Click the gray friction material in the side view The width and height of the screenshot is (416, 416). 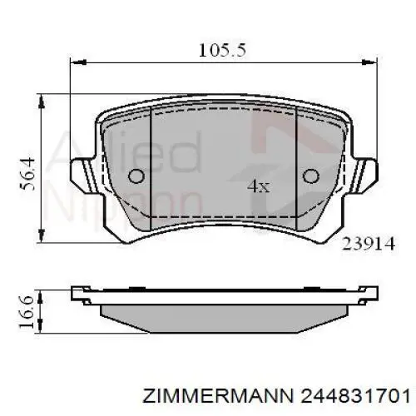(x=223, y=314)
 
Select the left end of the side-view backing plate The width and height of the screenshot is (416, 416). (x=77, y=293)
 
